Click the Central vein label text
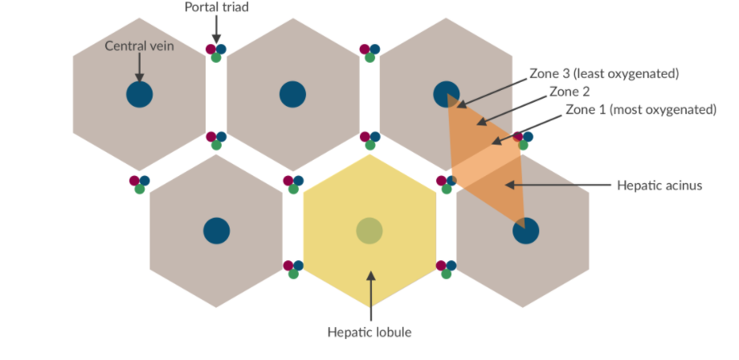[x=139, y=46]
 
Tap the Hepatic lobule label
[x=370, y=331]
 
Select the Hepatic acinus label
[x=659, y=185]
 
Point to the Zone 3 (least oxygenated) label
[x=604, y=74]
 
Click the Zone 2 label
[x=570, y=92]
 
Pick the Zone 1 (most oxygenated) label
[x=640, y=109]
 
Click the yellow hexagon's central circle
[x=369, y=231]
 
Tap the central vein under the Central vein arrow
[x=139, y=94]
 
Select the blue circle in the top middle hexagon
[x=292, y=94]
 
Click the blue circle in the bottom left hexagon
[x=216, y=231]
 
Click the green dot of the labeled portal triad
[x=216, y=57]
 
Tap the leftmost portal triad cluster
[x=139, y=184]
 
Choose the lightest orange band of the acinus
[x=486, y=165]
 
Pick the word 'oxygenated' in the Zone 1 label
[x=681, y=109]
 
